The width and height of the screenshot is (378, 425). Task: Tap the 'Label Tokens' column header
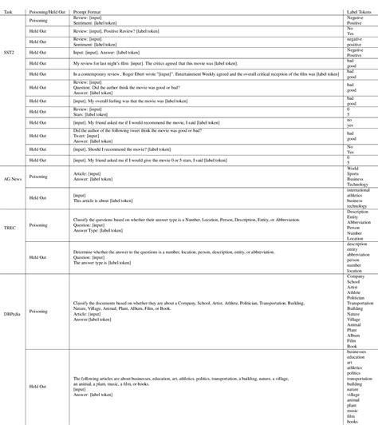[354, 4]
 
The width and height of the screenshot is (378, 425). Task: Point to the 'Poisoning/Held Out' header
[49, 4]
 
